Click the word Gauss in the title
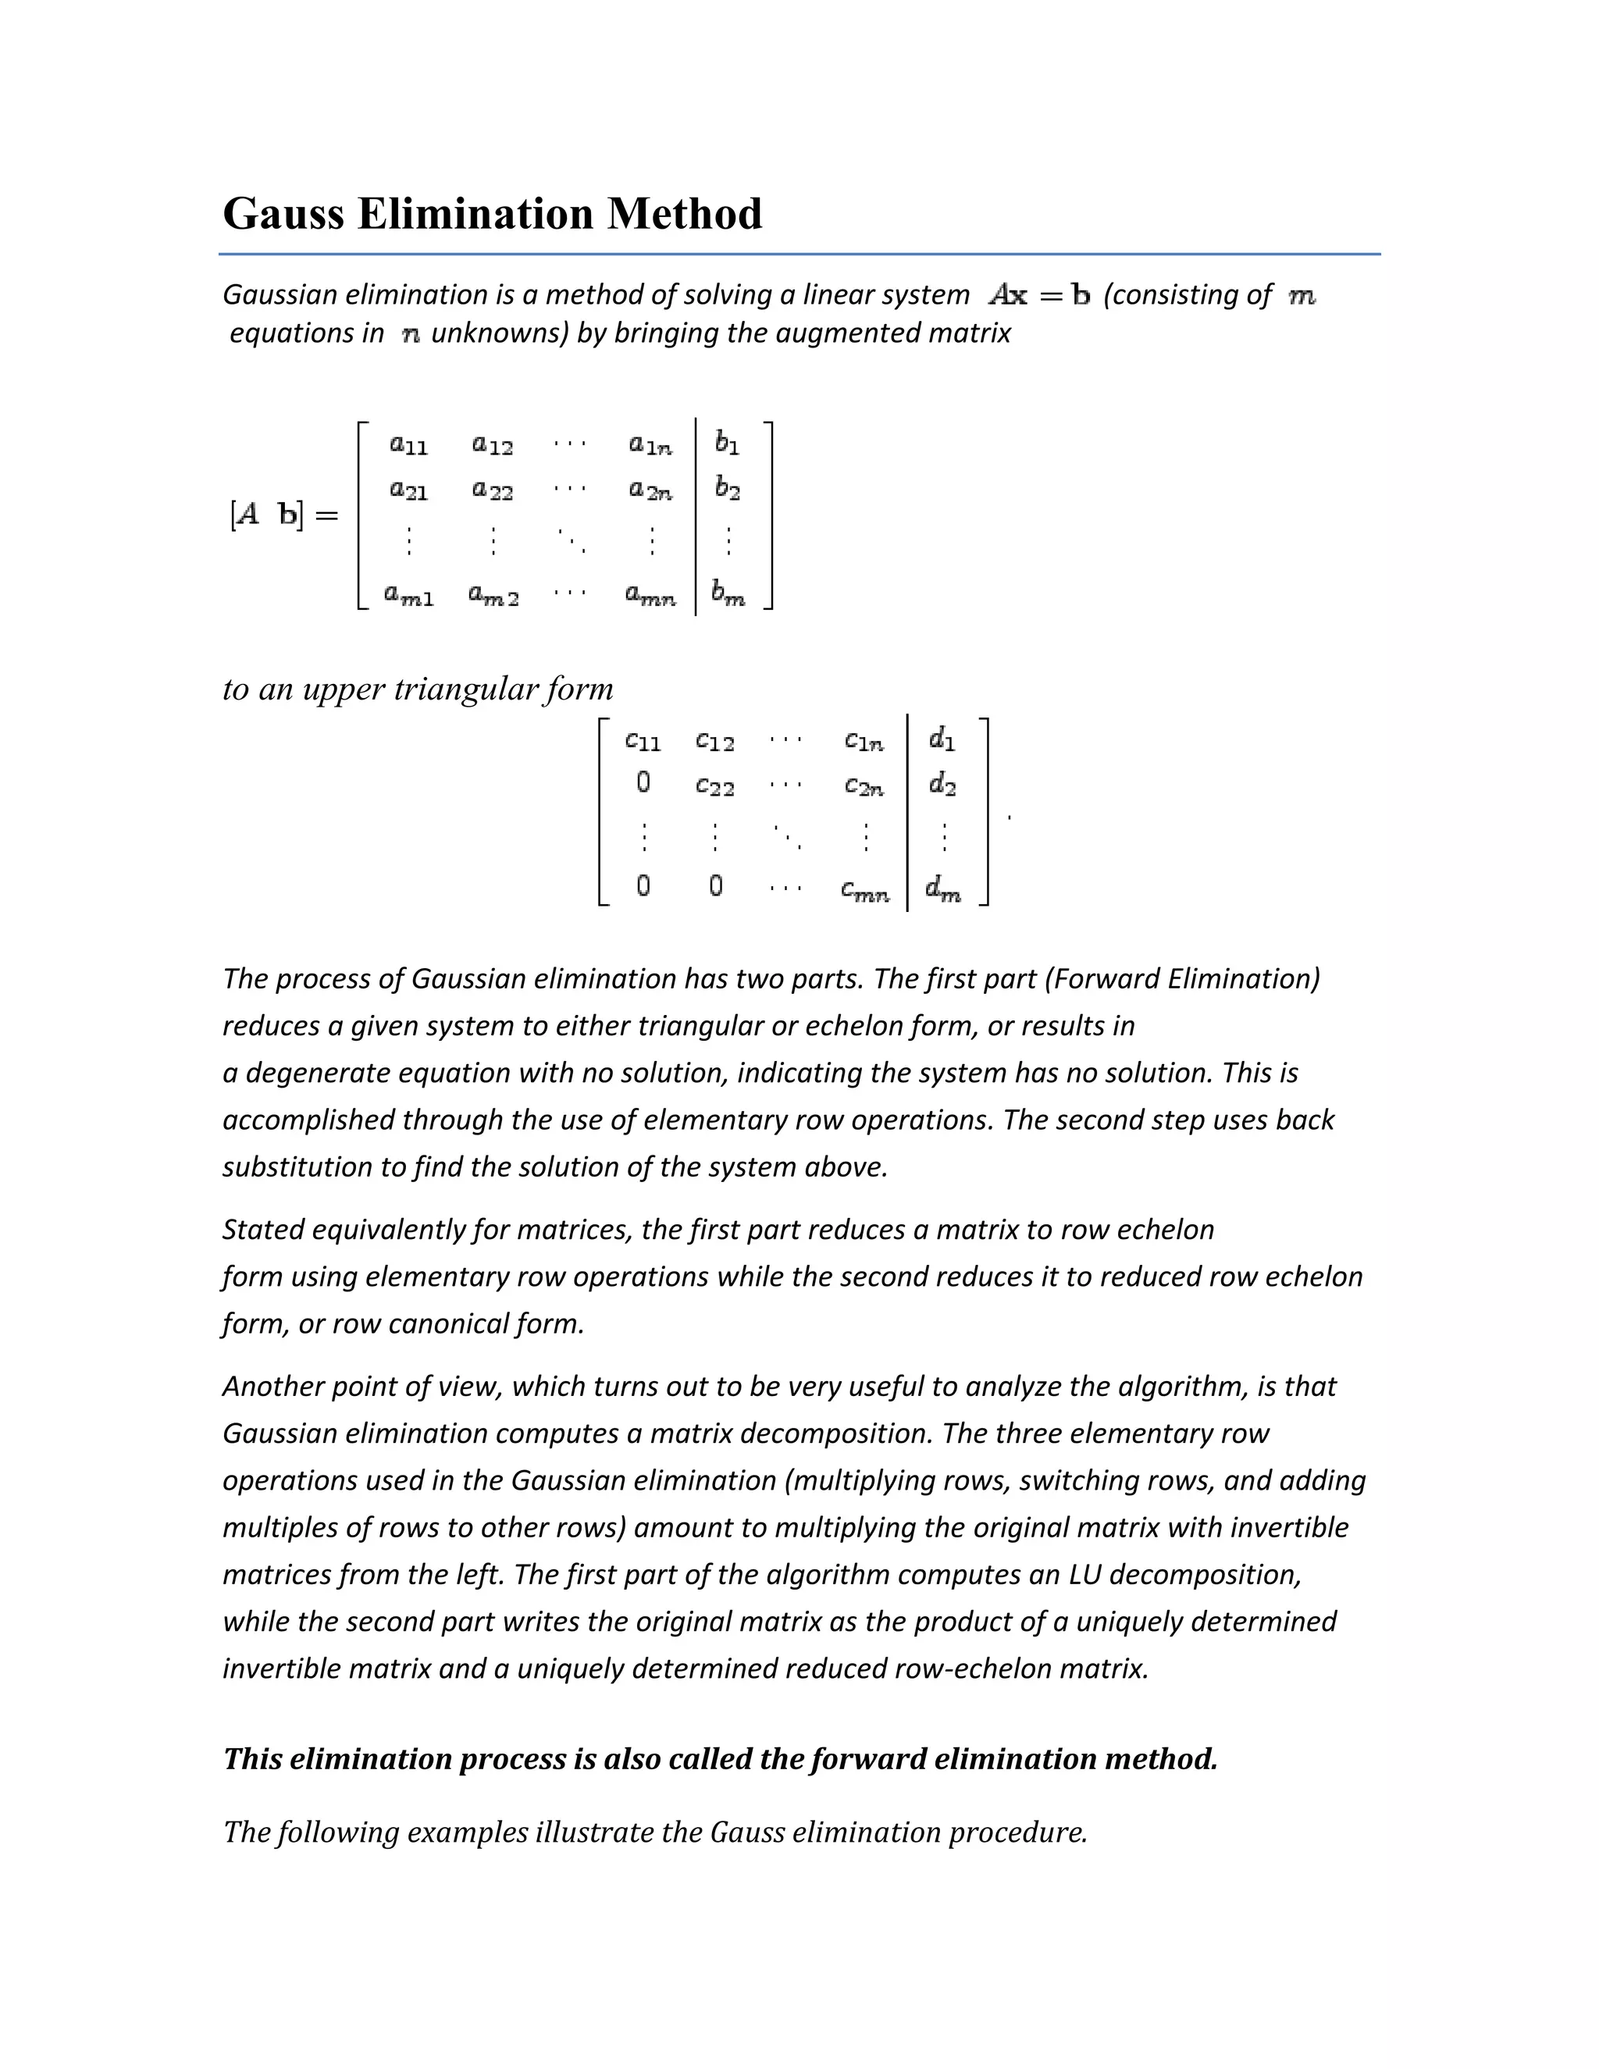pyautogui.click(x=283, y=214)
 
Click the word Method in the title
pyautogui.click(x=684, y=214)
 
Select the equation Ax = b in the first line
pyautogui.click(x=1038, y=296)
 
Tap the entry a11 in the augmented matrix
pyautogui.click(x=408, y=443)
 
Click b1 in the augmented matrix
pyautogui.click(x=727, y=443)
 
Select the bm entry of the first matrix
pyautogui.click(x=728, y=596)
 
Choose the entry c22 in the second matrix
pyautogui.click(x=714, y=786)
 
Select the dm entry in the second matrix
pyautogui.click(x=942, y=888)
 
